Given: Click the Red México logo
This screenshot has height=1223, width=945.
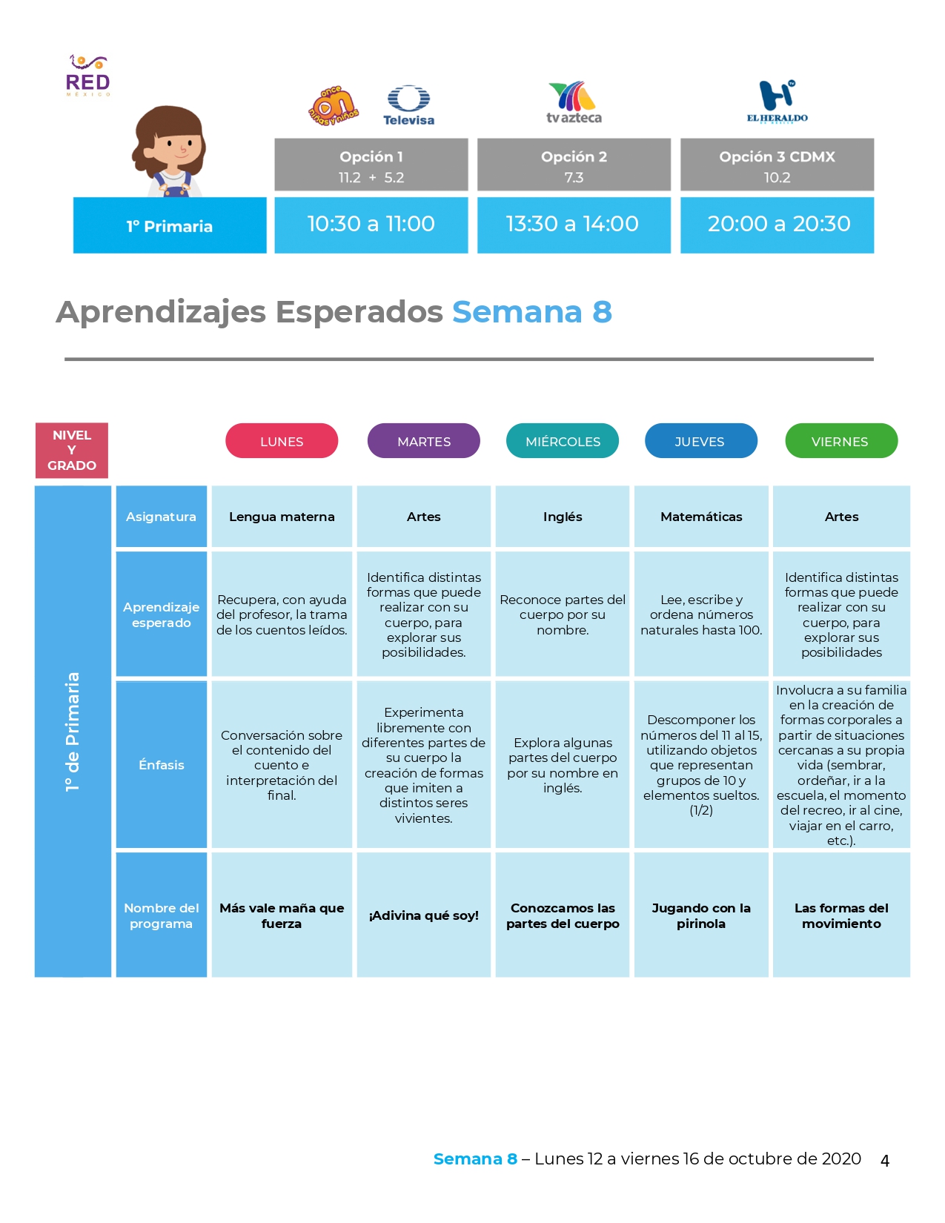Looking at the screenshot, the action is [87, 76].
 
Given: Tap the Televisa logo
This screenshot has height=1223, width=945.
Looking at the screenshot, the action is [408, 105].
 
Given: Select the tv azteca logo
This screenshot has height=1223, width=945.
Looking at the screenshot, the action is [574, 102].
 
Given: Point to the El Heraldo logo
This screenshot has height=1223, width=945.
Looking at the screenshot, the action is [777, 102].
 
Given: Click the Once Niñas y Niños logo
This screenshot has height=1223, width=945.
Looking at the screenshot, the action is [334, 105].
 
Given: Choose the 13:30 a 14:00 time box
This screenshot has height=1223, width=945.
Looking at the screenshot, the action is [574, 225].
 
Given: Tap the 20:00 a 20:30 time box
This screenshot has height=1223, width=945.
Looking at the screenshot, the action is [777, 225].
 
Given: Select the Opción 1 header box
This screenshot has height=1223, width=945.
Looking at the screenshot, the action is [371, 165].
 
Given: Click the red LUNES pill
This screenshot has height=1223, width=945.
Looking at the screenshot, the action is [282, 441].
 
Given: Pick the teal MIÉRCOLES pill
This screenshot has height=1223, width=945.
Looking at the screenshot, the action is [563, 441].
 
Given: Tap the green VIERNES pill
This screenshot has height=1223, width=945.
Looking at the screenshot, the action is [841, 441].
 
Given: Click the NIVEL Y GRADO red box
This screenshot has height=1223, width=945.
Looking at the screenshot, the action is [71, 450].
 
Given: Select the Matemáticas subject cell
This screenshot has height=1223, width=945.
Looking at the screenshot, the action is [700, 516].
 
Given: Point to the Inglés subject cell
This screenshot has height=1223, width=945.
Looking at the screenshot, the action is [563, 516].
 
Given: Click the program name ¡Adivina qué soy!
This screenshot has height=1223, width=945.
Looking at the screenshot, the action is [423, 915].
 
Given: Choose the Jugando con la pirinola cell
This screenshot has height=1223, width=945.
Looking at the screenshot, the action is [700, 915].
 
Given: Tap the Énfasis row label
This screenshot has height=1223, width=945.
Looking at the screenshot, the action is [162, 764].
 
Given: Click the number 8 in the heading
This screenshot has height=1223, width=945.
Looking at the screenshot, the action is [603, 312].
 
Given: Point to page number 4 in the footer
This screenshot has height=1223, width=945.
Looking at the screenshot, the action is [884, 1161].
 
